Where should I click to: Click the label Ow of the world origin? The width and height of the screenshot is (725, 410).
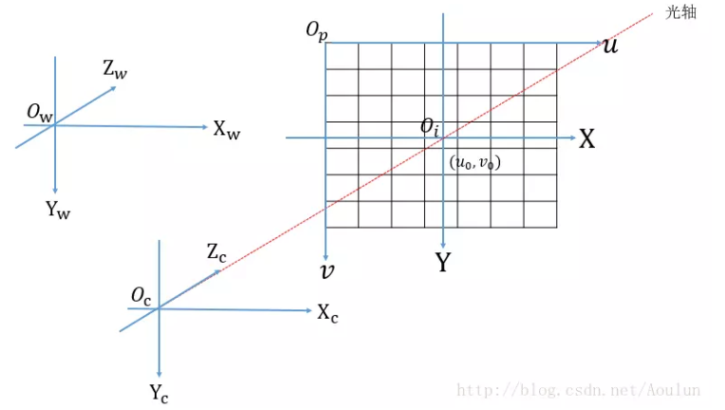click(40, 113)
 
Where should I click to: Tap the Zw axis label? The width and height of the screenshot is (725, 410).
click(115, 68)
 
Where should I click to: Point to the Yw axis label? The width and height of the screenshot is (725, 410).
click(58, 210)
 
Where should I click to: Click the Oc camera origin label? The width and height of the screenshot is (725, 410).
click(142, 295)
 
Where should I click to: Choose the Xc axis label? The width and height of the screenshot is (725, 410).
click(328, 312)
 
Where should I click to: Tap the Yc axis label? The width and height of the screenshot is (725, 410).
click(159, 390)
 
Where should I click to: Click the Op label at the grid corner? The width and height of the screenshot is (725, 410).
click(316, 31)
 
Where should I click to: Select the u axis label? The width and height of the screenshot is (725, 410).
click(610, 45)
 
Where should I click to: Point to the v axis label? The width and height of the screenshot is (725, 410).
click(327, 272)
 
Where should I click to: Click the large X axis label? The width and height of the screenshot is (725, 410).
click(587, 140)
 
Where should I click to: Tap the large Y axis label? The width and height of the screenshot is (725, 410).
click(442, 263)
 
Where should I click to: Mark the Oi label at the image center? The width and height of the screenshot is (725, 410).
click(431, 127)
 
